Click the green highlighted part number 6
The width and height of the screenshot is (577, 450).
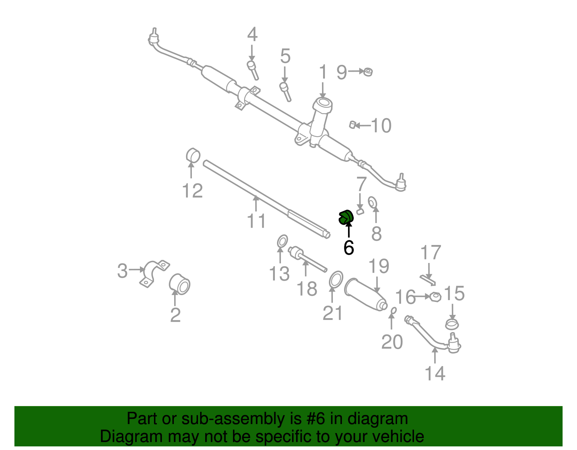pyautogui.click(x=345, y=217)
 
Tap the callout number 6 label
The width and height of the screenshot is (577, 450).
pyautogui.click(x=349, y=248)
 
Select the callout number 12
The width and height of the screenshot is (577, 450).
pyautogui.click(x=192, y=191)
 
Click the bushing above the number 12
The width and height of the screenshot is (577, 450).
pyautogui.click(x=193, y=155)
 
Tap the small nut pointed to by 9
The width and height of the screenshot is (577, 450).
pyautogui.click(x=367, y=72)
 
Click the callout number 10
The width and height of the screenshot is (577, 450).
pyautogui.click(x=381, y=126)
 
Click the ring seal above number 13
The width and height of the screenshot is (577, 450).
pyautogui.click(x=282, y=241)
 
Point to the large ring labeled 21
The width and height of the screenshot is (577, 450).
pyautogui.click(x=336, y=280)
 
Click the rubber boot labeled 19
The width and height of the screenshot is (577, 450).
pyautogui.click(x=365, y=294)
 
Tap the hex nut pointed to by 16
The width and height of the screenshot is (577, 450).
pyautogui.click(x=436, y=297)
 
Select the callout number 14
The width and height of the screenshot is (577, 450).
pyautogui.click(x=435, y=373)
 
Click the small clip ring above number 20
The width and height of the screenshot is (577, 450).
pyautogui.click(x=394, y=310)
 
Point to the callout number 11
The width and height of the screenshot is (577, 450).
pyautogui.click(x=256, y=221)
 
